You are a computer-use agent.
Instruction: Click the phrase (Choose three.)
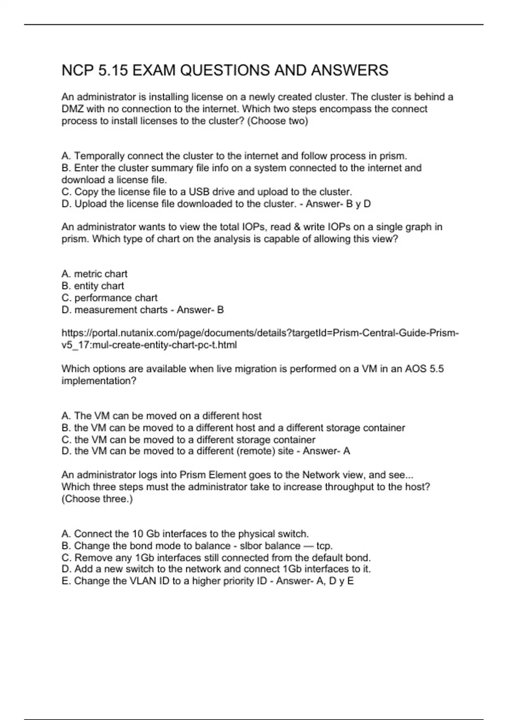point(97,498)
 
